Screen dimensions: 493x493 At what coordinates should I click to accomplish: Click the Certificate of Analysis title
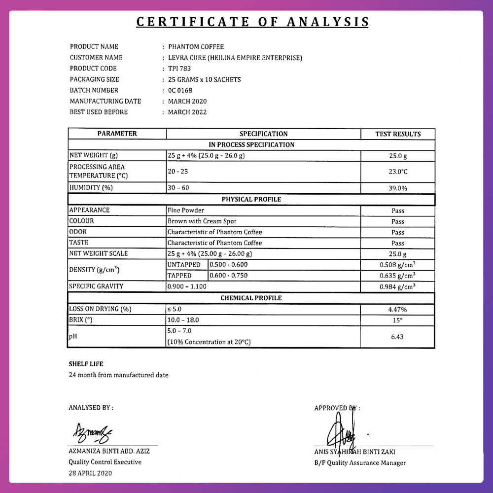point(252,22)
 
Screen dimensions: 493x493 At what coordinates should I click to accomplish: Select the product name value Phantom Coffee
point(196,47)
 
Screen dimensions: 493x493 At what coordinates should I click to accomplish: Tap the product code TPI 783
point(179,69)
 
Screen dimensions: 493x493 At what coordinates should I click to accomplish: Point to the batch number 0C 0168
point(180,90)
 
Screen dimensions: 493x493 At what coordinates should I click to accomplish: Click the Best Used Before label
point(99,112)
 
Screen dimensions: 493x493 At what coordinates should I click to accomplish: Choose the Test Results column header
point(398,134)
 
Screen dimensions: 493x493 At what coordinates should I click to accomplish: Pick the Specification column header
point(263,134)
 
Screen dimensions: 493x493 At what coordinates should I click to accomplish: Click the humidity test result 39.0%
point(398,188)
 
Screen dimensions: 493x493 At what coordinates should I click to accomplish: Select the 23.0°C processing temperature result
point(398,172)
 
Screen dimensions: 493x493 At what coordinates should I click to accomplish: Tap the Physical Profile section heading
point(251,200)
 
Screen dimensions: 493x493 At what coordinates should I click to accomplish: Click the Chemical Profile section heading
point(251,298)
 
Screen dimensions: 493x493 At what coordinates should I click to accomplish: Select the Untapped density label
point(184,265)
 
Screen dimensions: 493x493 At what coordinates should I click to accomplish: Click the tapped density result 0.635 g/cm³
point(397,276)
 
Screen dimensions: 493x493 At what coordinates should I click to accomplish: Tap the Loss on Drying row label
point(100,309)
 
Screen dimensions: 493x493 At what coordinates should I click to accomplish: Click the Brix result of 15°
point(398,320)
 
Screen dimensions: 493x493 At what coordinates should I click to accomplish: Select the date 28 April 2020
point(90,473)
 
